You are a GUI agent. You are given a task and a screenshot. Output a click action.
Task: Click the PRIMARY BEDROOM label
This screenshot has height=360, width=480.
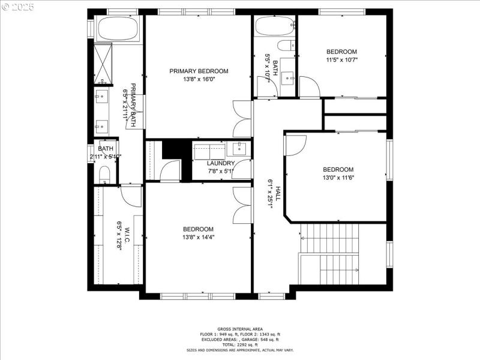[x=199, y=71]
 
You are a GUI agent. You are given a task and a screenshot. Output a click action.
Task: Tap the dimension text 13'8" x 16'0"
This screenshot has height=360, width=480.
[x=199, y=79]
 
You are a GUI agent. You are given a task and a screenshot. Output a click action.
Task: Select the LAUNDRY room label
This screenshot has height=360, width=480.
[x=221, y=163]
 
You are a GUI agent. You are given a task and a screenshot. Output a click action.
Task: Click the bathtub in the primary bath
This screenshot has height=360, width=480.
[x=118, y=28]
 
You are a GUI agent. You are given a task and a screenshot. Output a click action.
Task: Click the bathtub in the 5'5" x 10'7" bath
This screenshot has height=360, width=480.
[x=275, y=26]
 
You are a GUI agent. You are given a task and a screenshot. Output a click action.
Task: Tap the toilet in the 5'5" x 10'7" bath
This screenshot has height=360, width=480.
[x=286, y=45]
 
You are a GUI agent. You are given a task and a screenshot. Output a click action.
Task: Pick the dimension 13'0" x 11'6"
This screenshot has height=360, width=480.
[x=338, y=178]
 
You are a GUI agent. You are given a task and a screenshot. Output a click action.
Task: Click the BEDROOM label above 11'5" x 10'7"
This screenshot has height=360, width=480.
[x=341, y=52]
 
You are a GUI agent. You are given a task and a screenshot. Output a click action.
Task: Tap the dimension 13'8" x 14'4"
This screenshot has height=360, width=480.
[x=199, y=237]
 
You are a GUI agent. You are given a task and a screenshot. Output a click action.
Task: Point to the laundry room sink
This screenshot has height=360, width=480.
[x=239, y=148]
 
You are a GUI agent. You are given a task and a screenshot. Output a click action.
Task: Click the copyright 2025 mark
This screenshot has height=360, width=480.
[x=19, y=7]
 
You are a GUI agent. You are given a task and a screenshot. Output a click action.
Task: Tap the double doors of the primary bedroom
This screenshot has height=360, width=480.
[x=242, y=119]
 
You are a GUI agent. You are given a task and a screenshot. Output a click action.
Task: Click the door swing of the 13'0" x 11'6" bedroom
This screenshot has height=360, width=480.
[x=296, y=145]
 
